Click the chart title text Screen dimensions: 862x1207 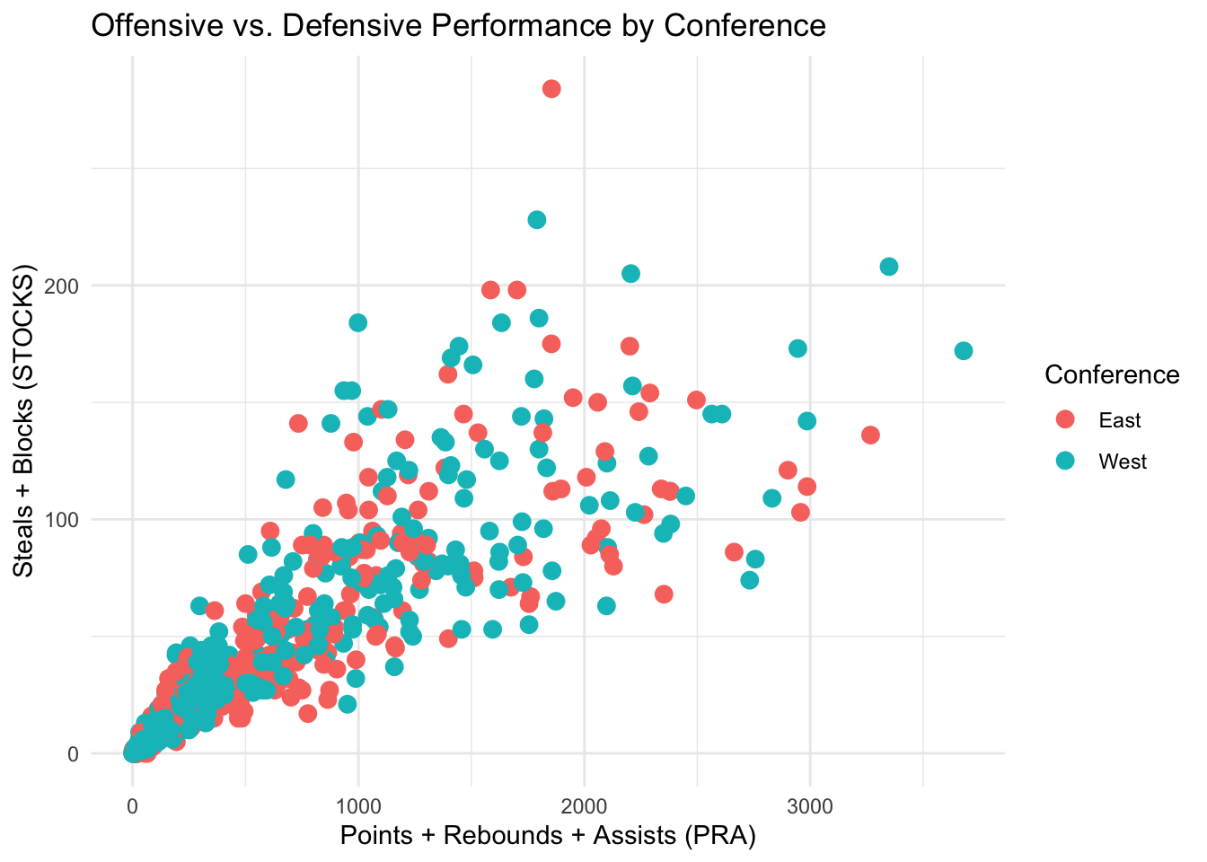(x=458, y=25)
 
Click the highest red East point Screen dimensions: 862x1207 (x=551, y=88)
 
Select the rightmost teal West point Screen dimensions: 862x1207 (x=964, y=350)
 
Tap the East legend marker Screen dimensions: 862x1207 (x=1066, y=419)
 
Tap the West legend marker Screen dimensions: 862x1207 (x=1066, y=462)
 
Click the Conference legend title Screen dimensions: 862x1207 (x=1112, y=374)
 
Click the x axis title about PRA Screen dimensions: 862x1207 (x=548, y=836)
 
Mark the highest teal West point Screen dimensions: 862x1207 (x=537, y=219)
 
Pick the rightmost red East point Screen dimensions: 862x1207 (x=870, y=435)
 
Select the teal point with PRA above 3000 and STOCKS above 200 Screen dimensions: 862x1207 (x=889, y=266)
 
